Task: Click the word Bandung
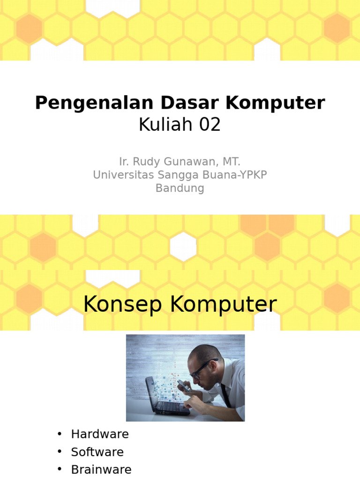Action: pos(180,188)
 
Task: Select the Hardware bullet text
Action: pos(100,434)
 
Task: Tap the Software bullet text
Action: pos(97,452)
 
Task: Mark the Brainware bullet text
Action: pos(101,470)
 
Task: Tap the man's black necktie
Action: pos(226,395)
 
